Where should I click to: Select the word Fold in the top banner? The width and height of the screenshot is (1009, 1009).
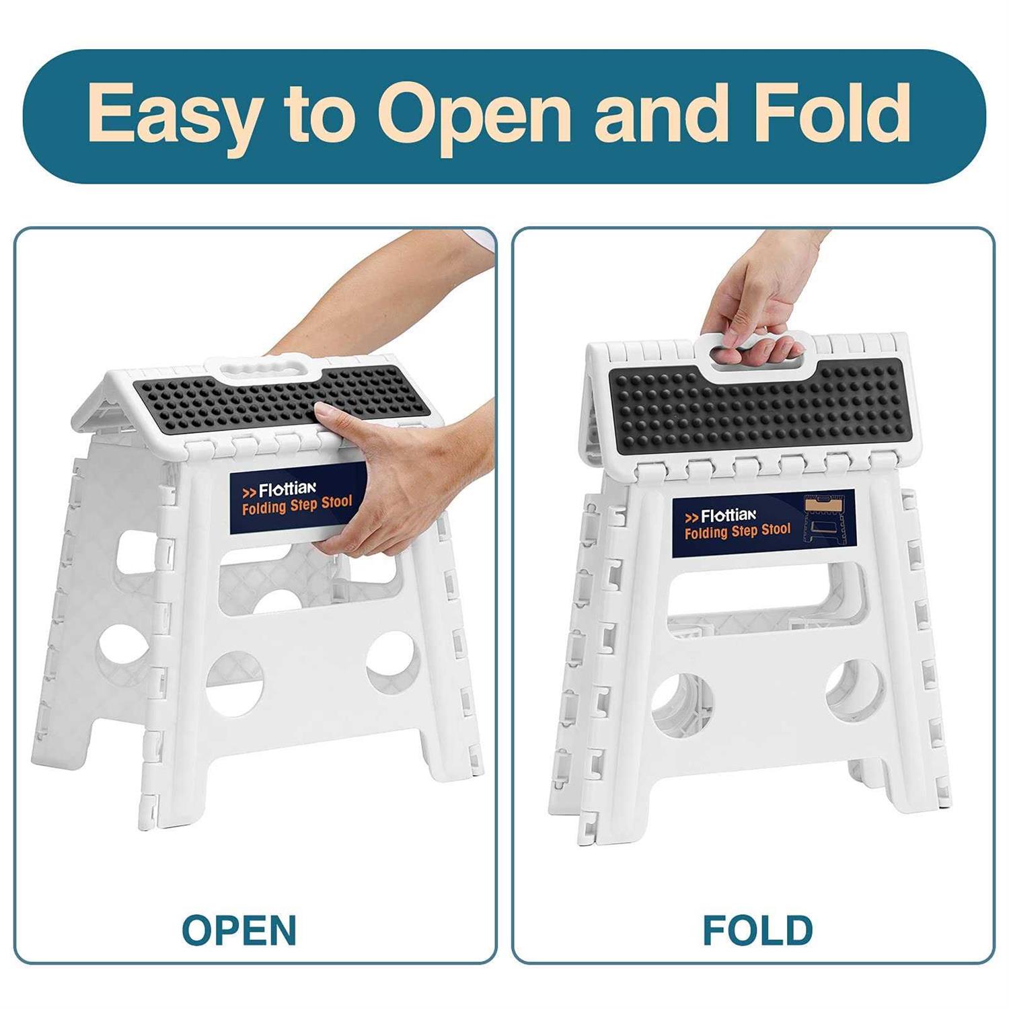coord(832,113)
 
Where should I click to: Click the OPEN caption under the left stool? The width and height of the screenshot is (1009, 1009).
coord(239,930)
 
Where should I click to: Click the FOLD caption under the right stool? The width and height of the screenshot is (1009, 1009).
coord(757,930)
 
